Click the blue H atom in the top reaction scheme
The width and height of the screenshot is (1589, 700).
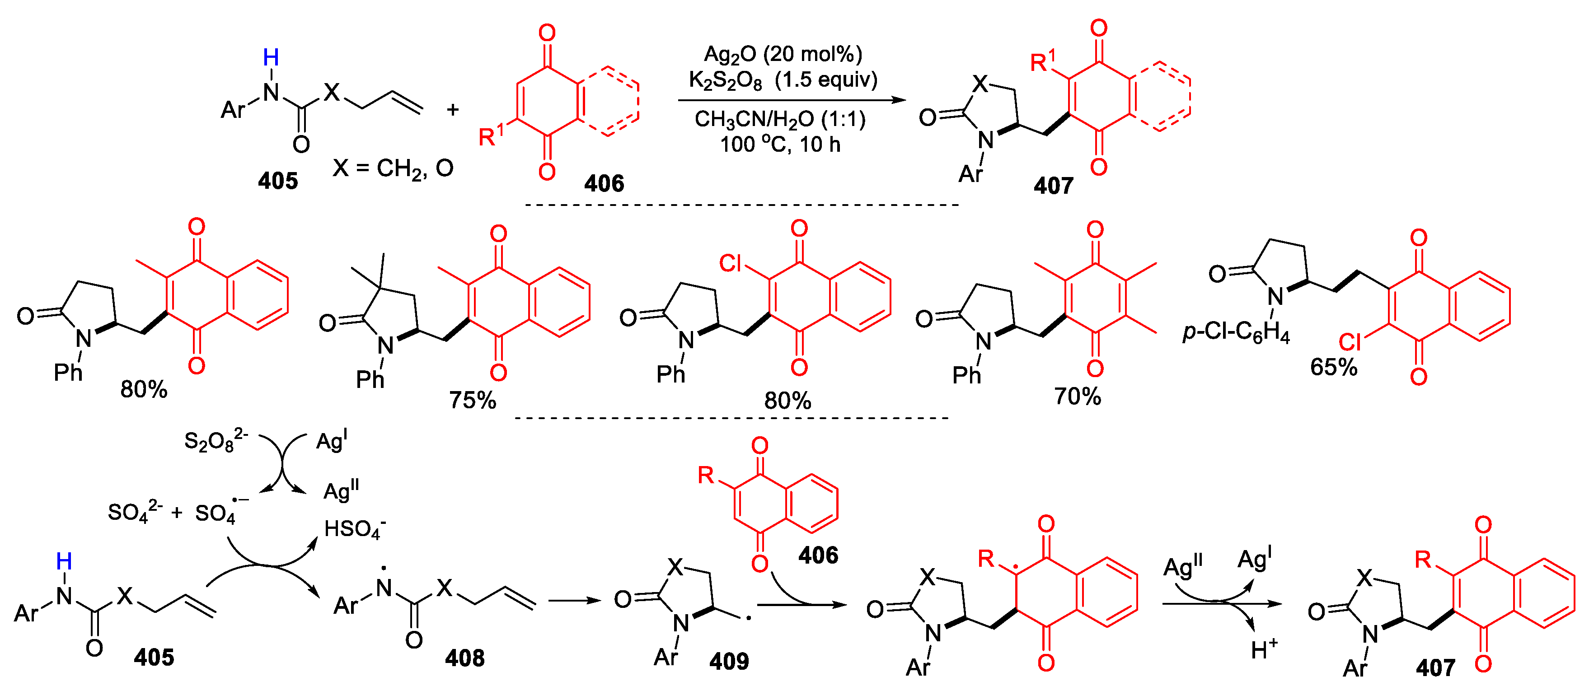click(271, 57)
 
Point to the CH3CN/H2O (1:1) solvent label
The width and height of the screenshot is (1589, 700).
click(780, 119)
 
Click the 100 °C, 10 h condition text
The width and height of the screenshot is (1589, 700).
click(780, 145)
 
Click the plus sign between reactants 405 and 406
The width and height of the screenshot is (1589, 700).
click(453, 110)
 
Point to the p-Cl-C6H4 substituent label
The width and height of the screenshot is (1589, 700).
click(1236, 333)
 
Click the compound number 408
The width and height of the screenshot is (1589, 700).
click(464, 658)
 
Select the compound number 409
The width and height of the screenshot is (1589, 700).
click(728, 661)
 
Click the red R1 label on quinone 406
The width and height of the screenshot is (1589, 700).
click(491, 135)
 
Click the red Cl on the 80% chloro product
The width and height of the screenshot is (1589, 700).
click(731, 263)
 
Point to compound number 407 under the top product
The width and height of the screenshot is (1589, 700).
click(1053, 186)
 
